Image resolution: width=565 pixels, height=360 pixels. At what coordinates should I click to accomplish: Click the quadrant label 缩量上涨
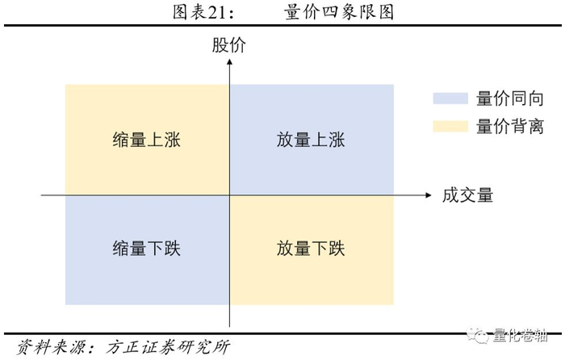(x=147, y=140)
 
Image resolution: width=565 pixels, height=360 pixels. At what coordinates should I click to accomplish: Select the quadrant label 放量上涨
(x=311, y=140)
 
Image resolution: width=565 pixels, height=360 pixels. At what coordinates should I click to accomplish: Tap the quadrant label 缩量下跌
(x=147, y=248)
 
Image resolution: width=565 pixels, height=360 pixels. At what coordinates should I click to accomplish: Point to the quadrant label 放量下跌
(x=311, y=248)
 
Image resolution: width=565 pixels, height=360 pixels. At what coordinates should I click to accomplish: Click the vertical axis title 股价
(x=229, y=46)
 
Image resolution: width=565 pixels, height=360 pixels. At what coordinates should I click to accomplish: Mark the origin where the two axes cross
(x=230, y=195)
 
